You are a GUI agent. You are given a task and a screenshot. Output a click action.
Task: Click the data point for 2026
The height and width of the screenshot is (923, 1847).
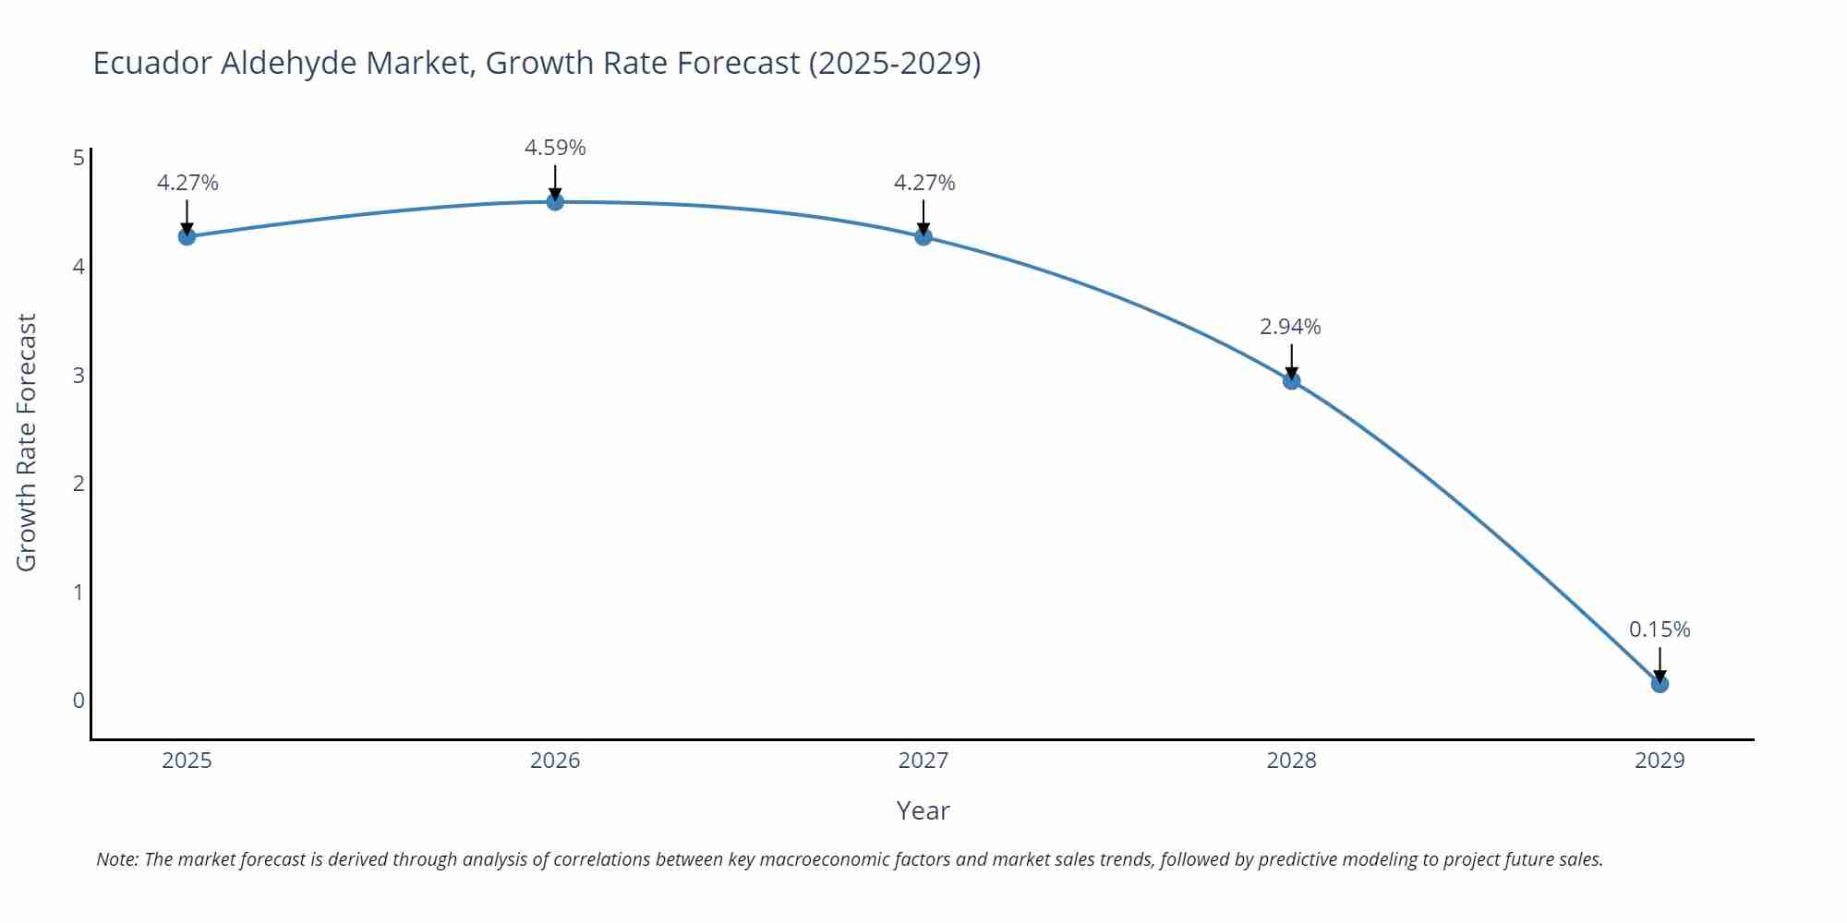(x=555, y=201)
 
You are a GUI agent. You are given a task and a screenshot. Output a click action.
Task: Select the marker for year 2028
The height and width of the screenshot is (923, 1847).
(x=1291, y=380)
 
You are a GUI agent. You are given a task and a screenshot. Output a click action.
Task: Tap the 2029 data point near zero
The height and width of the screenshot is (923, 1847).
(x=1660, y=684)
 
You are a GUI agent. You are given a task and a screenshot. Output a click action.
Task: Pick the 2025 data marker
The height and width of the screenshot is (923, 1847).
(x=187, y=236)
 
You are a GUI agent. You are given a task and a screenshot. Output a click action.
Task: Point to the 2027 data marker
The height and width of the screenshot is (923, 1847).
(x=923, y=236)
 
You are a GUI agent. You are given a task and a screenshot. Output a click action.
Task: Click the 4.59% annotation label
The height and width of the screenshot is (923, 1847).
(x=555, y=148)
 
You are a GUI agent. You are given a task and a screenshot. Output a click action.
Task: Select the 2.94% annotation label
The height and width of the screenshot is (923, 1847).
(x=1290, y=327)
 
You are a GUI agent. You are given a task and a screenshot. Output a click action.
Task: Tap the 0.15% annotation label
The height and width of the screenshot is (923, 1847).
(x=1660, y=629)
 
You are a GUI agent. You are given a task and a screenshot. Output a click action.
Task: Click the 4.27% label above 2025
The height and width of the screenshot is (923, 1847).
(x=187, y=183)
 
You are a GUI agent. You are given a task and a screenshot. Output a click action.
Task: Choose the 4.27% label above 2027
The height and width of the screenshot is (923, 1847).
(x=924, y=183)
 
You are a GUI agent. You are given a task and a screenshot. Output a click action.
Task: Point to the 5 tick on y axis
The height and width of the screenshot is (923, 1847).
(x=78, y=158)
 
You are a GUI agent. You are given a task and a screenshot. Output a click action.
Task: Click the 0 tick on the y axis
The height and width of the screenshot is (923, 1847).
(x=78, y=701)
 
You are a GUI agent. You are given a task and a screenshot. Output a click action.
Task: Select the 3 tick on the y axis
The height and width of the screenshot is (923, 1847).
(x=78, y=375)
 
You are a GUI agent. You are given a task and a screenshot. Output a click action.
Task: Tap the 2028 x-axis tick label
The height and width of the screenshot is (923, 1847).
(x=1291, y=761)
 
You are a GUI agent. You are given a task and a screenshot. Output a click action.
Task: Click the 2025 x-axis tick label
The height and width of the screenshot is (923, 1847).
(x=187, y=761)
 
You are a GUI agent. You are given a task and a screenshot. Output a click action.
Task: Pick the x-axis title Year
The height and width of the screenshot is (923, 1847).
(x=923, y=810)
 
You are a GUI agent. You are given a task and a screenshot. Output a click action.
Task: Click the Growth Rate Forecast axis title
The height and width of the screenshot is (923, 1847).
(x=27, y=442)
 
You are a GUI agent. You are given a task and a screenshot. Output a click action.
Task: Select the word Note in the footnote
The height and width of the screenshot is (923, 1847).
(x=116, y=859)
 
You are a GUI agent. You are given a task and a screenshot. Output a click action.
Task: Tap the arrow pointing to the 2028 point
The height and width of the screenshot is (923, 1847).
(x=1291, y=360)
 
